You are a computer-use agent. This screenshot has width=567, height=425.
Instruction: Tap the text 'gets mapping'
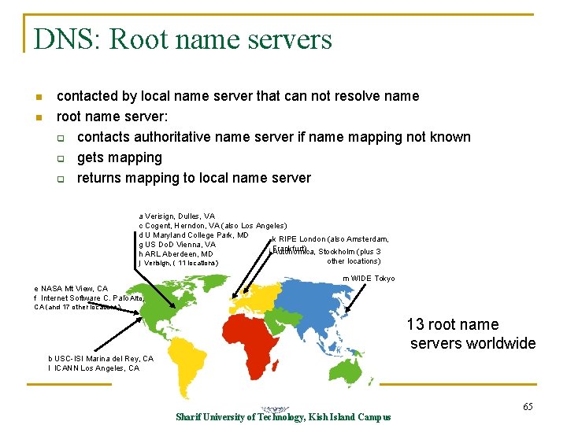pos(119,157)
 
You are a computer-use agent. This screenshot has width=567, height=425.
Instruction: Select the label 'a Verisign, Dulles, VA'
pos(176,216)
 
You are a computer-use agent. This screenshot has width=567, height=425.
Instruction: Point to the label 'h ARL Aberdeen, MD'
pos(176,254)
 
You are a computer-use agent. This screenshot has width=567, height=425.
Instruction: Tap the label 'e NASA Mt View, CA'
pos(71,289)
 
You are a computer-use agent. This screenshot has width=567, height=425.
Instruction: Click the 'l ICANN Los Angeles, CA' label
pos(94,368)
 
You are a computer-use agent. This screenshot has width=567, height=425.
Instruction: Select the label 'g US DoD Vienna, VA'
pos(177,244)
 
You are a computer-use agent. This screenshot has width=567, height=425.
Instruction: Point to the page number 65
pos(528,406)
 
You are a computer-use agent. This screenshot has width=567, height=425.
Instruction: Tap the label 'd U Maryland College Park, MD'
pos(194,235)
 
